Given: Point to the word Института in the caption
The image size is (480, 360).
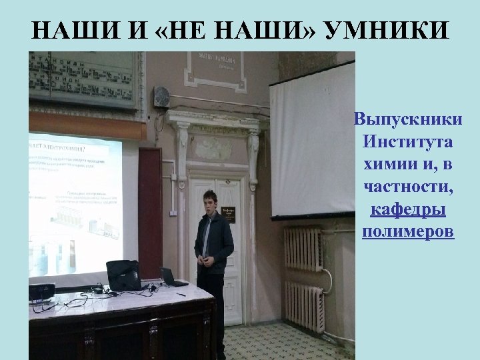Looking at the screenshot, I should pyautogui.click(x=407, y=143).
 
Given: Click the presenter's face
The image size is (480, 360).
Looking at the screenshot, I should pyautogui.click(x=211, y=201).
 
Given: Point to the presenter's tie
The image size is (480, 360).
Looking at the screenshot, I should pyautogui.click(x=208, y=233).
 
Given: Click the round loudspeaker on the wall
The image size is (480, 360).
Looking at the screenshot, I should pyautogui.click(x=161, y=97).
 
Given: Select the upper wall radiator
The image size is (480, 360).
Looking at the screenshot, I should pyautogui.click(x=303, y=248).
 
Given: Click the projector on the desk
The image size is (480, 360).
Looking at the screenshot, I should pyautogui.click(x=41, y=291).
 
